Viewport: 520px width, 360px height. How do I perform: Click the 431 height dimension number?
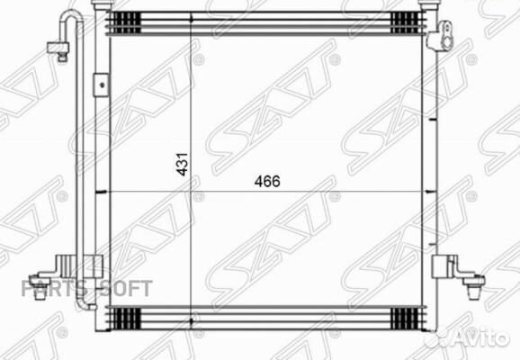pyautogui.click(x=182, y=164)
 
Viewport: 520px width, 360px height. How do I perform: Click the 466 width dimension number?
pyautogui.click(x=267, y=181)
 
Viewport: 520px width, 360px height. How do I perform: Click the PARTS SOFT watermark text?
pyautogui.click(x=86, y=289)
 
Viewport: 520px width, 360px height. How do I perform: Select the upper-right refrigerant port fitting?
pyautogui.click(x=440, y=36)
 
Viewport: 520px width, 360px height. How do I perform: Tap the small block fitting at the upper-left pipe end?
pyautogui.click(x=58, y=50)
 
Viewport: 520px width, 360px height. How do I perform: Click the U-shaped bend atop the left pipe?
pyautogui.click(x=71, y=16)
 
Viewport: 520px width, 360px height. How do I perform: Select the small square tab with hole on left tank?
pyautogui.click(x=101, y=85)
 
